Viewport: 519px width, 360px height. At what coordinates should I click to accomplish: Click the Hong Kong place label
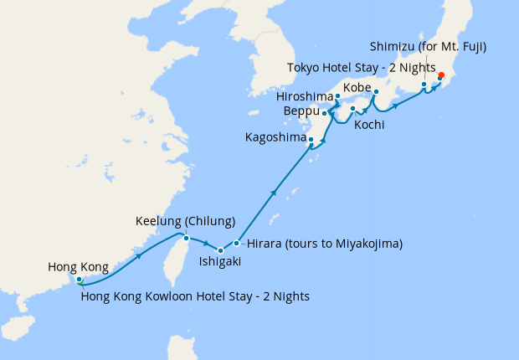coord(78,267)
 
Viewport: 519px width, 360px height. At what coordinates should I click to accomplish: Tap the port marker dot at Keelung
coord(184,238)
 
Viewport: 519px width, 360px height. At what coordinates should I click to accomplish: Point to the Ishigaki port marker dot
coord(220,250)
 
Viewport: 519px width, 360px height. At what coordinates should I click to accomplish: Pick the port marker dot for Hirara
coord(237,244)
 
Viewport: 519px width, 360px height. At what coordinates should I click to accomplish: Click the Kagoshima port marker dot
coord(311,139)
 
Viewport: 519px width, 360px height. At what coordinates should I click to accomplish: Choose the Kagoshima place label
coord(274,136)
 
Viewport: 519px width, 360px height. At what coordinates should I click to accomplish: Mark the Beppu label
coord(301,111)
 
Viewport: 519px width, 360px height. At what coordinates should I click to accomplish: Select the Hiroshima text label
coord(304,97)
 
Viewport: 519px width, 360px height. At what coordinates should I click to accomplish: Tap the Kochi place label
coord(369,125)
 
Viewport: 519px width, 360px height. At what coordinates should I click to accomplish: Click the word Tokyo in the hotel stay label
coord(304,68)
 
